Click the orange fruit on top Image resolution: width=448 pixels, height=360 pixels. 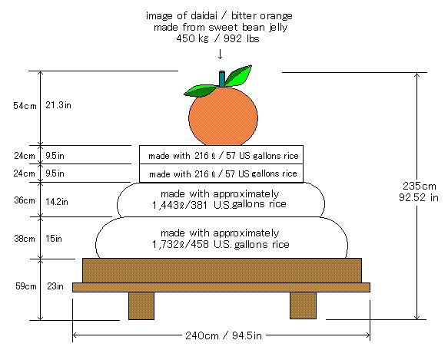click(223, 117)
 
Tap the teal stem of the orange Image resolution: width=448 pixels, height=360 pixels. click(222, 78)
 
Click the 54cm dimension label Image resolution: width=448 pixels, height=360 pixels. click(25, 106)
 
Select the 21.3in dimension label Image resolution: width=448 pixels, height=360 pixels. click(58, 105)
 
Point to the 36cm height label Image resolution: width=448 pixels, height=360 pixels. click(25, 200)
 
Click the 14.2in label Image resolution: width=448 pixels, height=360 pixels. click(57, 202)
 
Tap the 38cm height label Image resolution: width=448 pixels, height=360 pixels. click(25, 239)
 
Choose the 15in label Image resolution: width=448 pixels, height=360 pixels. click(54, 239)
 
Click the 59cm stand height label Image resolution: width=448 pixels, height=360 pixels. click(26, 286)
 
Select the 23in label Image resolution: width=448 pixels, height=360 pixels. click(55, 286)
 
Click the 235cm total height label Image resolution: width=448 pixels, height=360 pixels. click(420, 186)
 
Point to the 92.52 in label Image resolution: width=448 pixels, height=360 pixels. click(419, 197)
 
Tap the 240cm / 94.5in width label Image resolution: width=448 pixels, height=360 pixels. click(224, 335)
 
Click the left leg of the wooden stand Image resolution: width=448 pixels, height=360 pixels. click(141, 306)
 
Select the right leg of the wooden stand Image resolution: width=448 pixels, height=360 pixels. click(303, 306)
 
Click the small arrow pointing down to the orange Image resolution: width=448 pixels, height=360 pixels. click(220, 54)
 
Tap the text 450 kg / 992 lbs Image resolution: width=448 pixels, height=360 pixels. click(217, 38)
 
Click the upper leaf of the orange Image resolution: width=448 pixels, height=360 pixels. click(239, 76)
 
